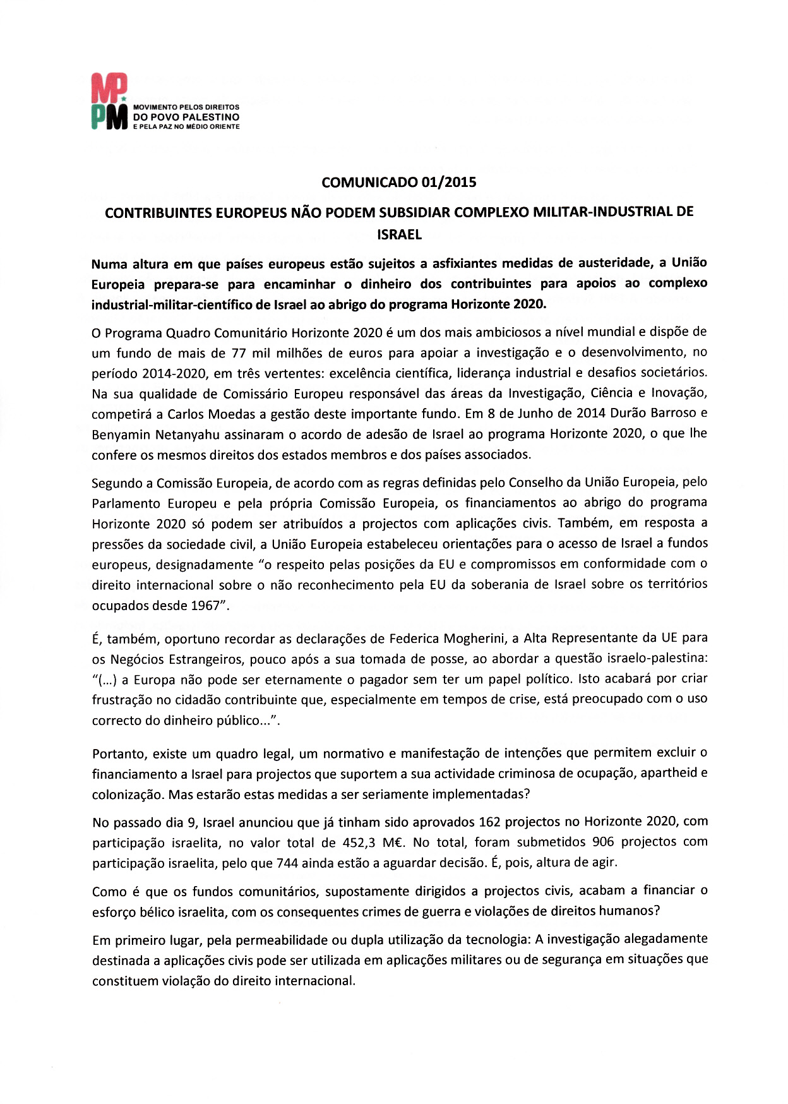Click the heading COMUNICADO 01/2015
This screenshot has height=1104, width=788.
(x=399, y=183)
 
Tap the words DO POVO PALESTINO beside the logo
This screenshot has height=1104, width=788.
(x=186, y=117)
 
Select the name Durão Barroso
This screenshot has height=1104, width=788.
(x=647, y=414)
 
